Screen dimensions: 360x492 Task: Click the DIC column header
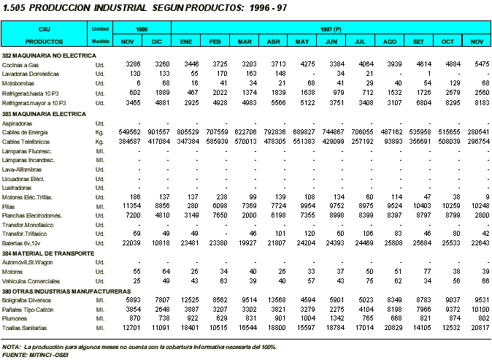click(156, 42)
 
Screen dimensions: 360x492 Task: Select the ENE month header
click(186, 42)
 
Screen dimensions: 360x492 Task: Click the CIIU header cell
click(45, 28)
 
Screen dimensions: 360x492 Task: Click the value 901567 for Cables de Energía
click(159, 131)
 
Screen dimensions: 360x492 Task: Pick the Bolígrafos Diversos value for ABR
click(277, 300)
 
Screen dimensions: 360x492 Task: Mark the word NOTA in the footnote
click(12, 347)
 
